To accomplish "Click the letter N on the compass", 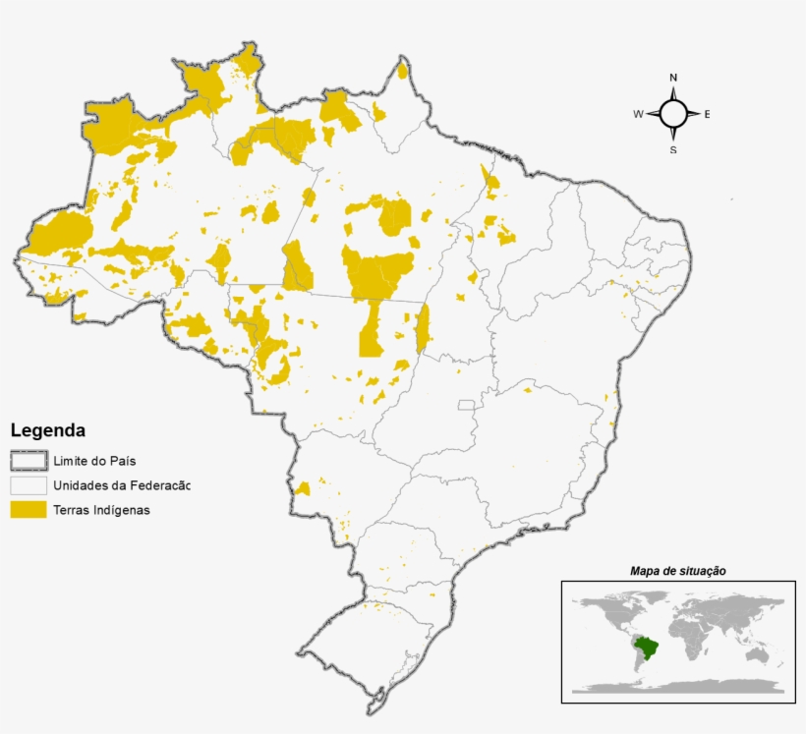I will click(673, 78).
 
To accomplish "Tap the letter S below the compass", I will click(673, 150).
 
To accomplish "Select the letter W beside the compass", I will click(638, 115).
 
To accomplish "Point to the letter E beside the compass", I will click(707, 115).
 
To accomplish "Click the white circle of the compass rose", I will click(673, 114).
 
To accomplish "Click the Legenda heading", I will click(47, 430).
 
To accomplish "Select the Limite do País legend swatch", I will click(29, 460).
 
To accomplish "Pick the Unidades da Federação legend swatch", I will click(29, 485).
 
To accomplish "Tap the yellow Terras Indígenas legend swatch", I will click(29, 509).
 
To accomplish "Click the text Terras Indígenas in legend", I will click(101, 510).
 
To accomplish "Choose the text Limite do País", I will click(94, 461).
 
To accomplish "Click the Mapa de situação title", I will click(677, 571).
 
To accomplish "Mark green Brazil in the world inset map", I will click(646, 648).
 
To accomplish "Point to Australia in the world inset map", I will click(756, 654).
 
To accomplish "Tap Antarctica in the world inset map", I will click(678, 687).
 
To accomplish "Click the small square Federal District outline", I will click(466, 405).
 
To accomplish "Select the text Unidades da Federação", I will click(121, 485).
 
